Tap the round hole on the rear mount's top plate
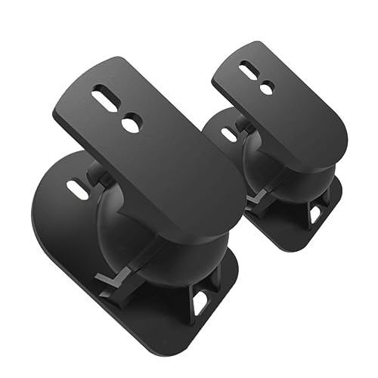[265, 88]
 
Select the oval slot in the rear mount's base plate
[228, 135]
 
